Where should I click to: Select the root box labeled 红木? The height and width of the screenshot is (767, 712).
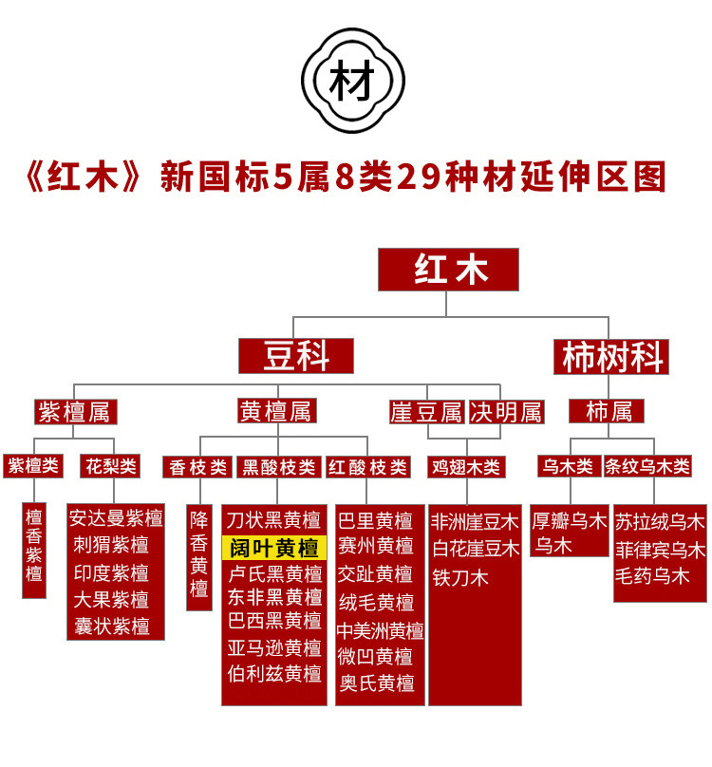[x=448, y=270]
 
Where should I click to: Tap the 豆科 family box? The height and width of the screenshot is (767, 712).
[x=295, y=357]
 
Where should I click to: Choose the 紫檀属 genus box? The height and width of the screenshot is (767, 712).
[x=73, y=411]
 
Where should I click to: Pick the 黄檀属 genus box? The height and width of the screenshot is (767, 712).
[x=276, y=411]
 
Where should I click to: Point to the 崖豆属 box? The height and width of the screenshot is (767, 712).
[x=427, y=411]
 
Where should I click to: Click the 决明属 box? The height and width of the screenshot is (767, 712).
[x=507, y=411]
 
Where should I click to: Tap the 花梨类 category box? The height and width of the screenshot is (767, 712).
[x=111, y=466]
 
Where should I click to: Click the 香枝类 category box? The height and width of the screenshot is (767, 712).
[x=198, y=467]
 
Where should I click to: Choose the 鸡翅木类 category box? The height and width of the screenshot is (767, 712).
[x=467, y=467]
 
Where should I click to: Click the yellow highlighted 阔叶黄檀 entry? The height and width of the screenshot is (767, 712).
[x=274, y=548]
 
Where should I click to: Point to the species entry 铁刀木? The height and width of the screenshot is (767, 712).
[x=460, y=576]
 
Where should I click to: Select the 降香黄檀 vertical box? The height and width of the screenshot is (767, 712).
[x=199, y=555]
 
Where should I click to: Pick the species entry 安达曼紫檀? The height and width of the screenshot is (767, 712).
[x=116, y=519]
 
